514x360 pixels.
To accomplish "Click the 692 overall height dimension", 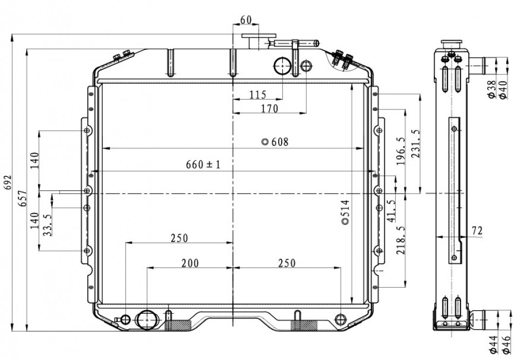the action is (8, 182).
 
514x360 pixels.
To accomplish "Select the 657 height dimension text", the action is (22, 198).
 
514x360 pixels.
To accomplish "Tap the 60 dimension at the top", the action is (246, 20).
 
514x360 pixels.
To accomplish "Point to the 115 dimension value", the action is (258, 94).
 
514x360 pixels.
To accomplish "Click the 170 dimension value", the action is (269, 108).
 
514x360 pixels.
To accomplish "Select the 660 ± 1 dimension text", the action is (203, 164).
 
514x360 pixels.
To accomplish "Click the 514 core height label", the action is (345, 212).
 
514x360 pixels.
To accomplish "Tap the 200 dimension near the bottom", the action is (190, 263).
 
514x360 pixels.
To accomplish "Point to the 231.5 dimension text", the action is (416, 143).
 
